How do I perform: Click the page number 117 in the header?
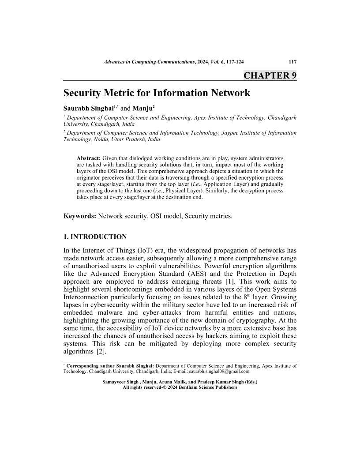point(292,62)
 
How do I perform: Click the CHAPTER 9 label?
point(270,75)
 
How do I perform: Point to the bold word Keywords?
point(79,216)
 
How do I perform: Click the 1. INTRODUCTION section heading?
point(95,237)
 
